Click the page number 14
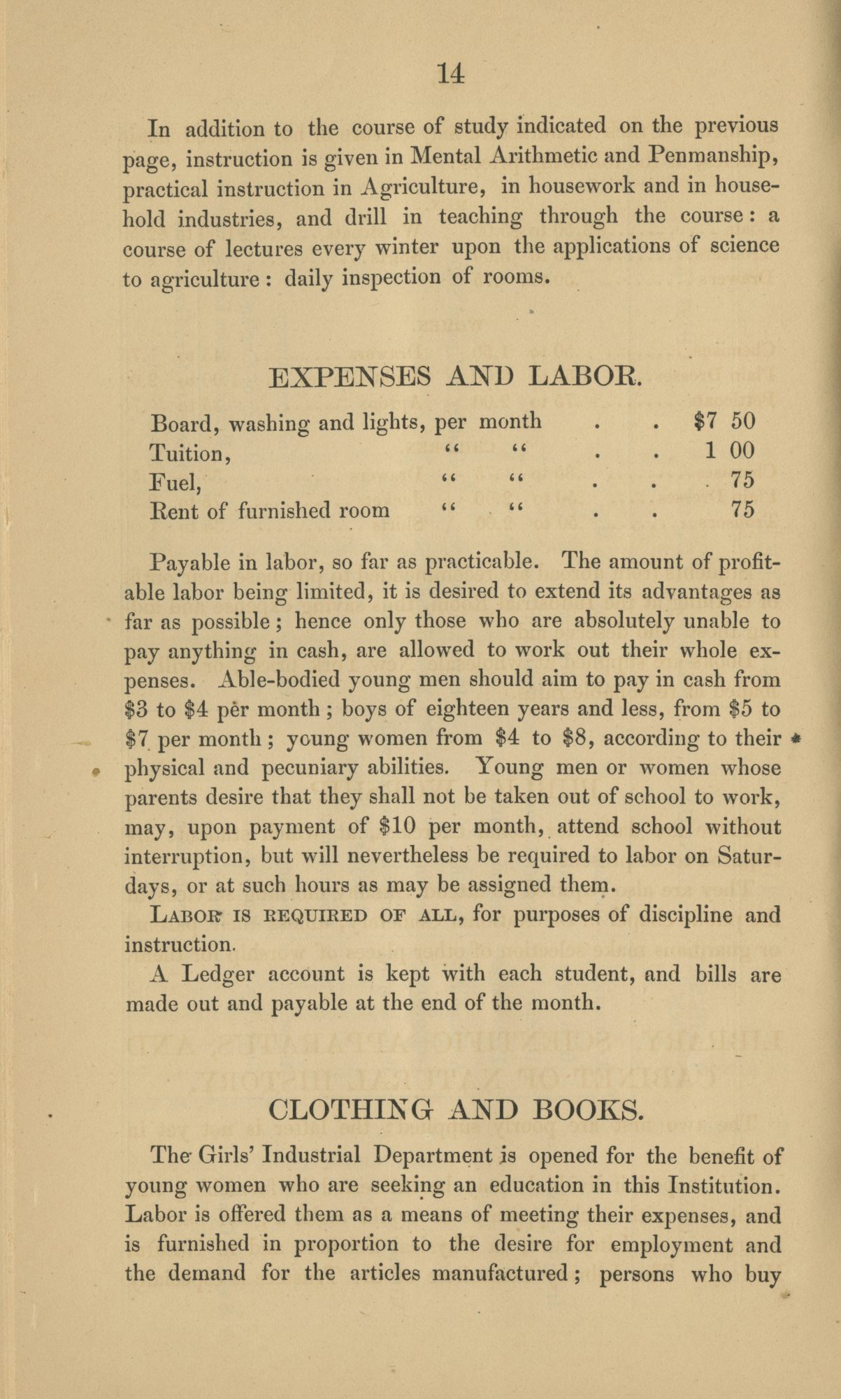coord(450,73)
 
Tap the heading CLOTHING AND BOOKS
coord(454,1109)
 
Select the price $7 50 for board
coord(726,421)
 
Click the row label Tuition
coord(190,453)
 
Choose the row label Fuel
coord(175,481)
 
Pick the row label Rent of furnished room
coord(270,510)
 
